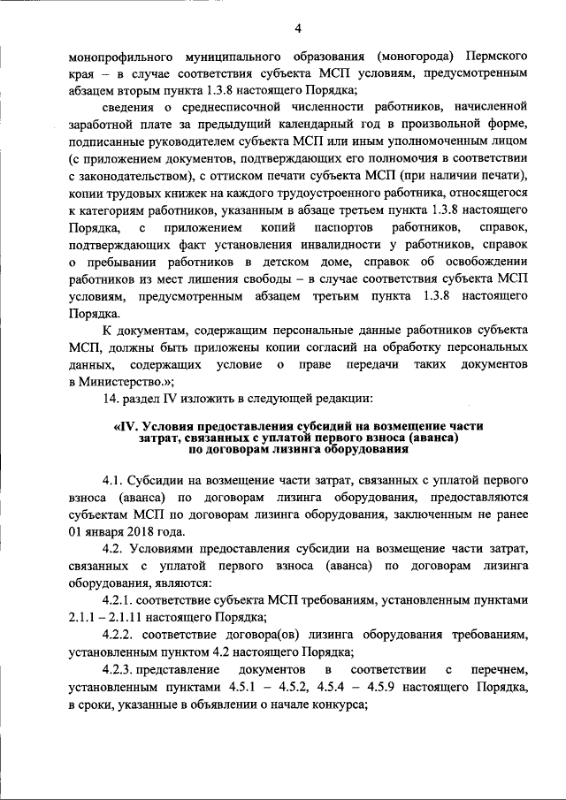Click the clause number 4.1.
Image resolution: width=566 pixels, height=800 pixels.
coord(116,483)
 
